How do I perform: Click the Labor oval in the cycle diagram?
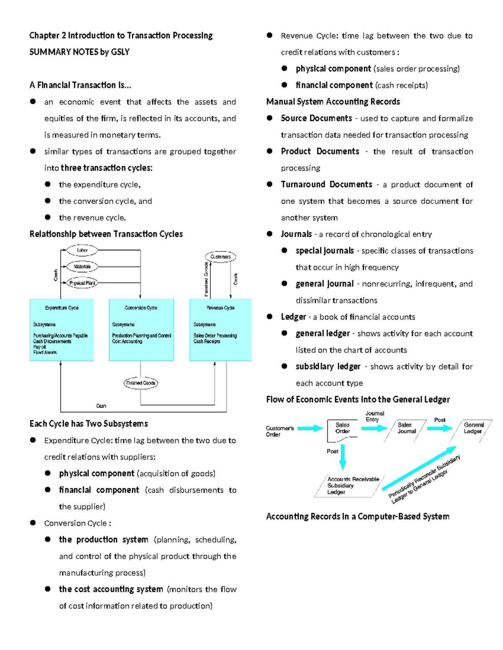tap(82, 250)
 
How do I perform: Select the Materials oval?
tap(82, 267)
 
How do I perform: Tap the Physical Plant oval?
tap(82, 283)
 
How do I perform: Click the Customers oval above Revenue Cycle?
tap(220, 257)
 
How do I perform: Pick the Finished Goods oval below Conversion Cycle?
tap(141, 383)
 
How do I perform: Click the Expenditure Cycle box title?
tap(62, 308)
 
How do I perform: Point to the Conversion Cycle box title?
tap(141, 308)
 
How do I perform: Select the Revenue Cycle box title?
tap(220, 308)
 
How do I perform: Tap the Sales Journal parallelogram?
tap(406, 428)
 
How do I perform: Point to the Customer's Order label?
tap(280, 432)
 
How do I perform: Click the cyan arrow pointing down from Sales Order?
tap(342, 456)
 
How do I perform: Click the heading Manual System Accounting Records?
tap(333, 102)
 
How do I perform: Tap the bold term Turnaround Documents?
tap(327, 185)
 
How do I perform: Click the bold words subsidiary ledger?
tap(328, 367)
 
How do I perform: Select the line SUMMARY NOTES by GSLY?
tap(79, 52)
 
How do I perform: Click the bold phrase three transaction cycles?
tap(106, 168)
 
